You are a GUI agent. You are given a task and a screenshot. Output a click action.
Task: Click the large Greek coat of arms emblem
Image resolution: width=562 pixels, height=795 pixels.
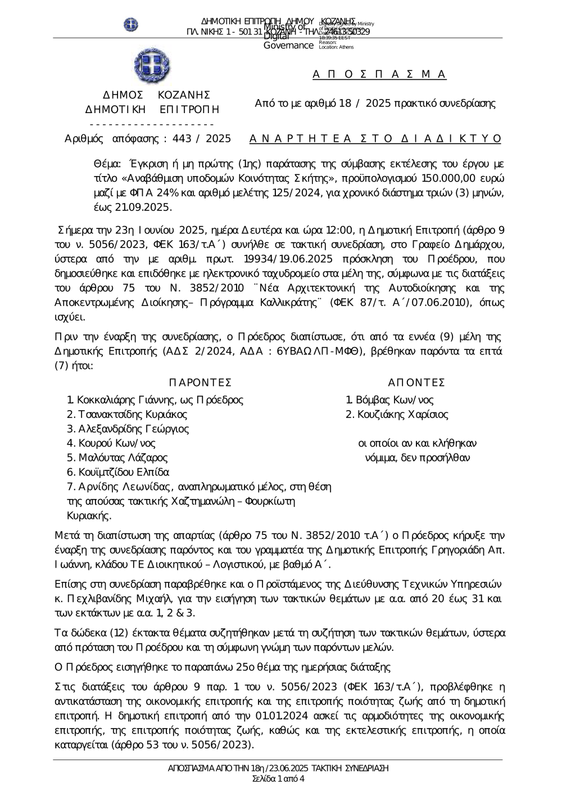pos(152,66)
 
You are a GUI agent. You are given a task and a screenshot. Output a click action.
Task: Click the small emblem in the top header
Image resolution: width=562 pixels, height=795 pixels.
pos(131,24)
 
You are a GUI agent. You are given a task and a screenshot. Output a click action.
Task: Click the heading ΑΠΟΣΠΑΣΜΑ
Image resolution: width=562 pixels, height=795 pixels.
pos(379,74)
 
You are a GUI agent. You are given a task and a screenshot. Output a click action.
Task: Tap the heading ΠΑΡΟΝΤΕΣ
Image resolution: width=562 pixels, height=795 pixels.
pos(200,383)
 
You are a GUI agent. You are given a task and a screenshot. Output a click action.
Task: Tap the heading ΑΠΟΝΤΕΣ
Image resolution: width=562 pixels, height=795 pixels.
pos(417,383)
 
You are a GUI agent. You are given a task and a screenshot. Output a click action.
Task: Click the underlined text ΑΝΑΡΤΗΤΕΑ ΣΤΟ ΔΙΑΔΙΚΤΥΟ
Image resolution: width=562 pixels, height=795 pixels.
pos(375,138)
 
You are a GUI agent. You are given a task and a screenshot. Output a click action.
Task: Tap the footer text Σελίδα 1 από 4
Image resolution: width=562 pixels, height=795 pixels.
pos(279,779)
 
